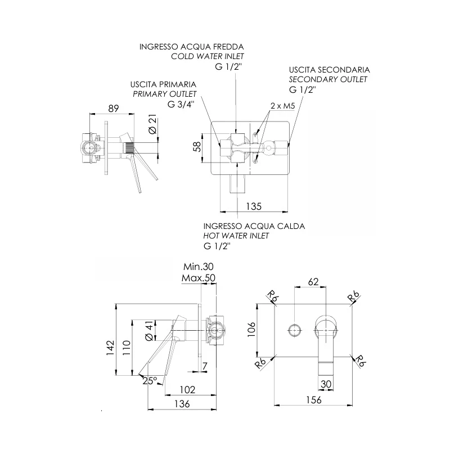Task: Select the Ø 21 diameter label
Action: pos(151,124)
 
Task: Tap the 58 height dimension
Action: pos(197,147)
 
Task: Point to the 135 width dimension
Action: pos(254,206)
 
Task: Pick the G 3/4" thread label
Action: pos(181,104)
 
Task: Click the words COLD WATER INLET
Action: pos(210,57)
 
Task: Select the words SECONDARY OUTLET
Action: pos(328,79)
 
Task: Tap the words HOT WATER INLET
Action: pos(236,236)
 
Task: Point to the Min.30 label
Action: pos(199,267)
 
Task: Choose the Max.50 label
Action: pos(199,278)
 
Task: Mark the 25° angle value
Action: pos(150,381)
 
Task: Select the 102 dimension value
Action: pos(187,389)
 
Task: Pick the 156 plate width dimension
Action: pos(313,400)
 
